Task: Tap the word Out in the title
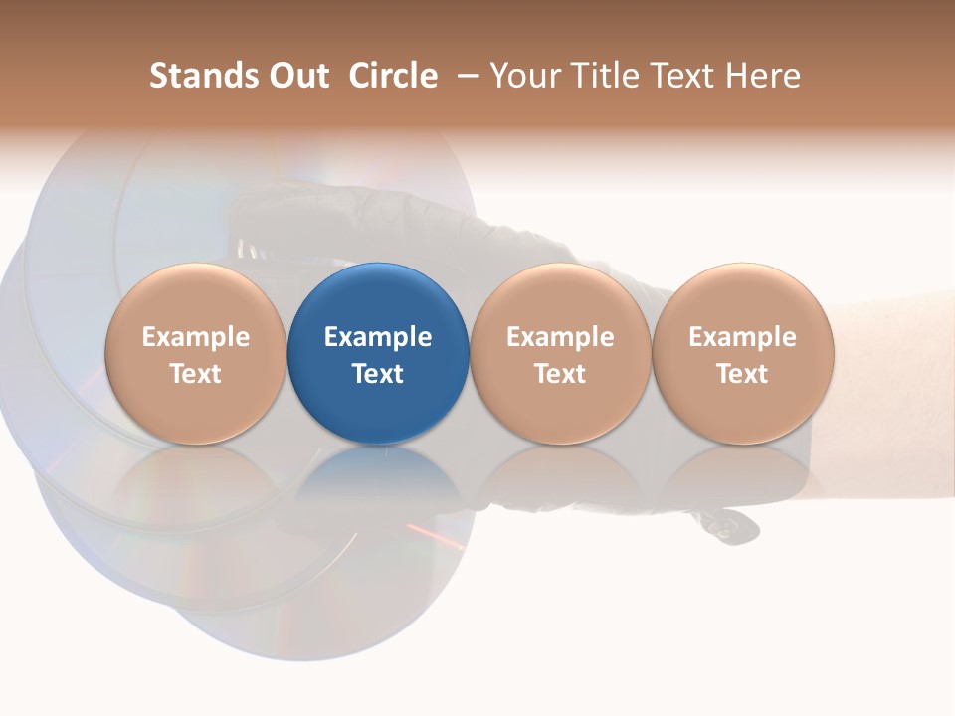click(296, 77)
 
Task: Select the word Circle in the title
click(393, 77)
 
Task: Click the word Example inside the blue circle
click(378, 337)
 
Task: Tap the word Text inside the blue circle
click(378, 374)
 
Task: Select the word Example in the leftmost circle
click(195, 337)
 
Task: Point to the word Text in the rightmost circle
click(743, 374)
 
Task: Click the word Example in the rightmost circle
click(743, 337)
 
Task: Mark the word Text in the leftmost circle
click(195, 374)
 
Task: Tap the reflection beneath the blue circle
click(378, 477)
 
